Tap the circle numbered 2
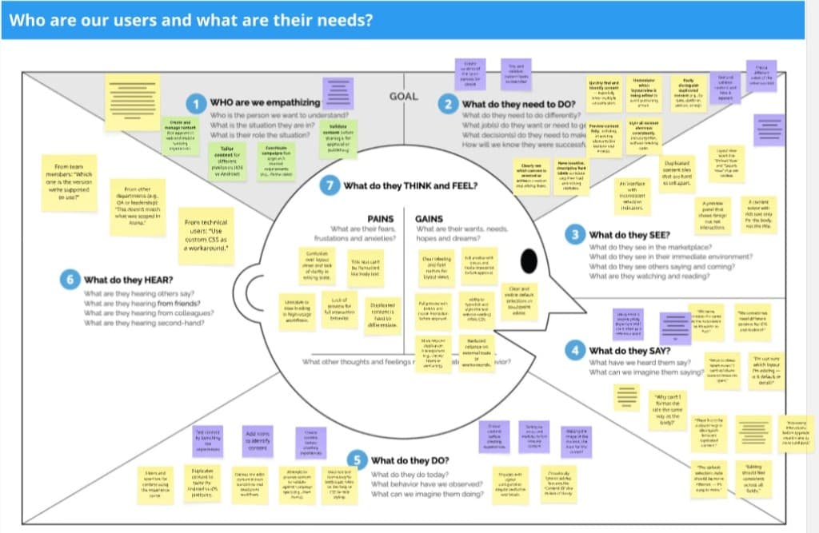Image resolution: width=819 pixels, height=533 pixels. tap(450, 104)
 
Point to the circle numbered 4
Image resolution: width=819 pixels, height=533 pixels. tap(575, 350)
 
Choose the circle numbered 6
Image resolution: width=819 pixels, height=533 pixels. tap(70, 280)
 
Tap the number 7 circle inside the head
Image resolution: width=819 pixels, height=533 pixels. tap(330, 186)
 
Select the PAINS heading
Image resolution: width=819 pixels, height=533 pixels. tap(381, 218)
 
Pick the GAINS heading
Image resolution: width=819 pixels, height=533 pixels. tap(429, 218)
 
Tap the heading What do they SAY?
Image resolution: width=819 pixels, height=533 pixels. tap(631, 350)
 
